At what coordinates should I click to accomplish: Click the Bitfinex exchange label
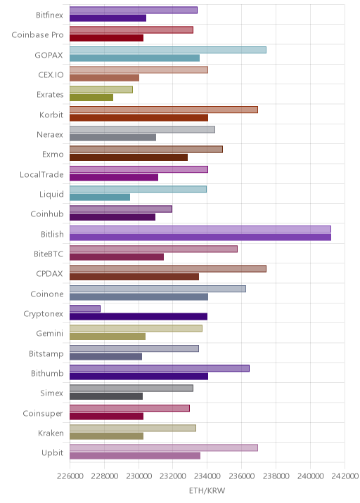pos(49,15)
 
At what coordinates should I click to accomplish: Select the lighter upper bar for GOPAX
pos(168,50)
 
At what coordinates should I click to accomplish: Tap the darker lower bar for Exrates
pos(91,98)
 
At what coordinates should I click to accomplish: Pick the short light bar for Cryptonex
pos(85,308)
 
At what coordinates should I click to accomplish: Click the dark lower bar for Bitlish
pos(200,237)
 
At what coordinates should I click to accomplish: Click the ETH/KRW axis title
pos(207,490)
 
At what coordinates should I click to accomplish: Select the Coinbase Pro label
pos(37,34)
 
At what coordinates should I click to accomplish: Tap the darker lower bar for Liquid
pos(100,197)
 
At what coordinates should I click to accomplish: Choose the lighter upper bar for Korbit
pos(164,110)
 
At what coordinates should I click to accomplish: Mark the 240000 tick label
pos(310,476)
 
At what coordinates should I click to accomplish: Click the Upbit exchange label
pos(52,453)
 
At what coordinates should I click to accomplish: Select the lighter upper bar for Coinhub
pos(121,209)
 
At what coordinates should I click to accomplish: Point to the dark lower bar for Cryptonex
pos(139,317)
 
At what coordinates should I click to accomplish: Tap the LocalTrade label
pos(41,174)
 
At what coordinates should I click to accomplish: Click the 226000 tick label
pos(70,476)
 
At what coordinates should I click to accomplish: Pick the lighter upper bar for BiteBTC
pos(153,249)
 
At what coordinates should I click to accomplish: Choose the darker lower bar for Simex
pos(106,396)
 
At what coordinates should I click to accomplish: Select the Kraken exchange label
pos(51,433)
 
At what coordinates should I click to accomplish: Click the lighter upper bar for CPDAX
pos(168,269)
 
